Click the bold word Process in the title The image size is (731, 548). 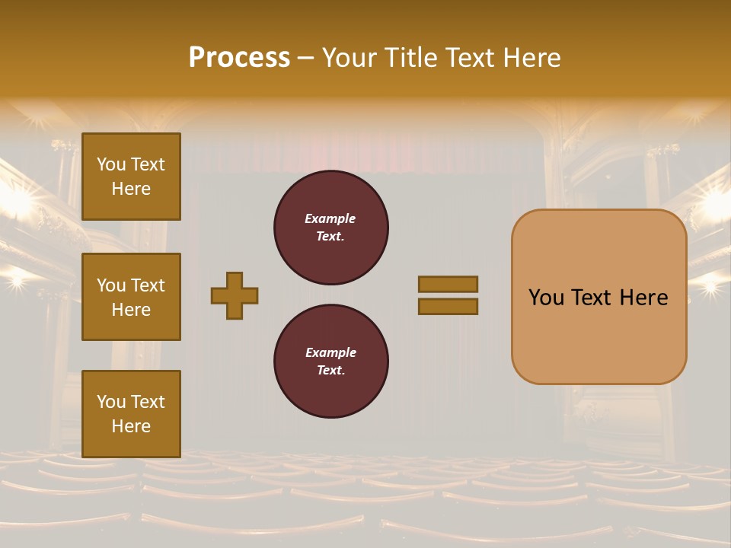pos(239,58)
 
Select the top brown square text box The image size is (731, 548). pos(131,177)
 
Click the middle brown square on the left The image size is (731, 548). pos(131,297)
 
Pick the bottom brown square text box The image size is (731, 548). pos(131,413)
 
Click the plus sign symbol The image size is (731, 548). pos(235,295)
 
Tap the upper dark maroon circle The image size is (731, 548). pos(330,227)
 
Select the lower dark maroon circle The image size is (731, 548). pos(330,361)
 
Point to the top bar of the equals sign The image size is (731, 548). pos(448,284)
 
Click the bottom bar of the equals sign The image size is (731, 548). pos(448,307)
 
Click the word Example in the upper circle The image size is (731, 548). pos(330,218)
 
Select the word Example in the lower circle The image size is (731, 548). pos(330,352)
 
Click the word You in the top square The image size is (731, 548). pos(111,164)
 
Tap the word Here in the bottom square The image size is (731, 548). pos(131,426)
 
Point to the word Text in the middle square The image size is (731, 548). pos(147,285)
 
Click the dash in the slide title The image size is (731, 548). pos(305,58)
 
